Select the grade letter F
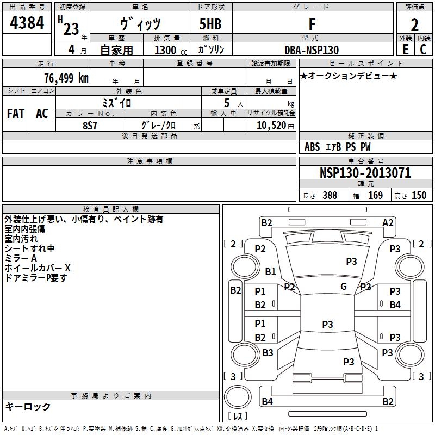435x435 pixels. (x=312, y=24)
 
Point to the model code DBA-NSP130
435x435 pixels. (x=312, y=50)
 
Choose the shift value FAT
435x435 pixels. (x=16, y=114)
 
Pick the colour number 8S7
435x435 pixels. (x=90, y=125)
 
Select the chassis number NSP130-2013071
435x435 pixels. (x=365, y=173)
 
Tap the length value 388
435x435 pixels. (x=330, y=196)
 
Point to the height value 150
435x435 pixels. (x=419, y=196)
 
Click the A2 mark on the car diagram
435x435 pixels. (x=388, y=222)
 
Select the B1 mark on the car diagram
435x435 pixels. (x=270, y=271)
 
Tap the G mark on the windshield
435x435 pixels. (x=344, y=287)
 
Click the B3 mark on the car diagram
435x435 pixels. (x=268, y=353)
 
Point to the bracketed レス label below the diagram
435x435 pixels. (x=240, y=417)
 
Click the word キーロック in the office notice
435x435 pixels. (x=28, y=407)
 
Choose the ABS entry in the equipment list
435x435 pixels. (x=312, y=147)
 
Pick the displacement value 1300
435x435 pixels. (x=165, y=51)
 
